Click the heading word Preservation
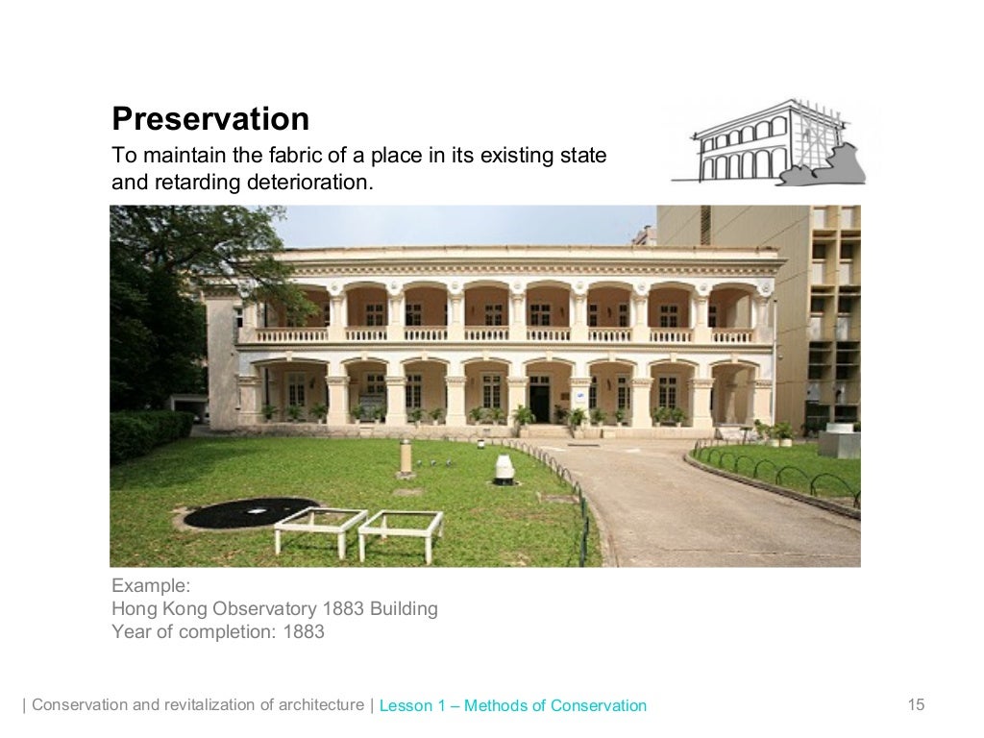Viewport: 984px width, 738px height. tap(210, 119)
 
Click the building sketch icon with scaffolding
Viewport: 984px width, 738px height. tap(770, 142)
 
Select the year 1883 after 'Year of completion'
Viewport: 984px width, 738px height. tap(304, 631)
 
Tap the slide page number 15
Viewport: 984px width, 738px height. tap(916, 705)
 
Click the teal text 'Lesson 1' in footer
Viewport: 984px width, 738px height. tap(413, 705)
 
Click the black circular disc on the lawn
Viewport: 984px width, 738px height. tap(251, 512)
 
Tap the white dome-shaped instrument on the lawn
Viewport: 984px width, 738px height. tap(504, 469)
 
